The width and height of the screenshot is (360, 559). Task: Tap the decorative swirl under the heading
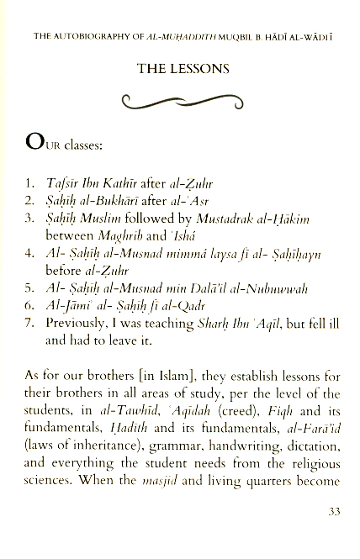click(x=180, y=104)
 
